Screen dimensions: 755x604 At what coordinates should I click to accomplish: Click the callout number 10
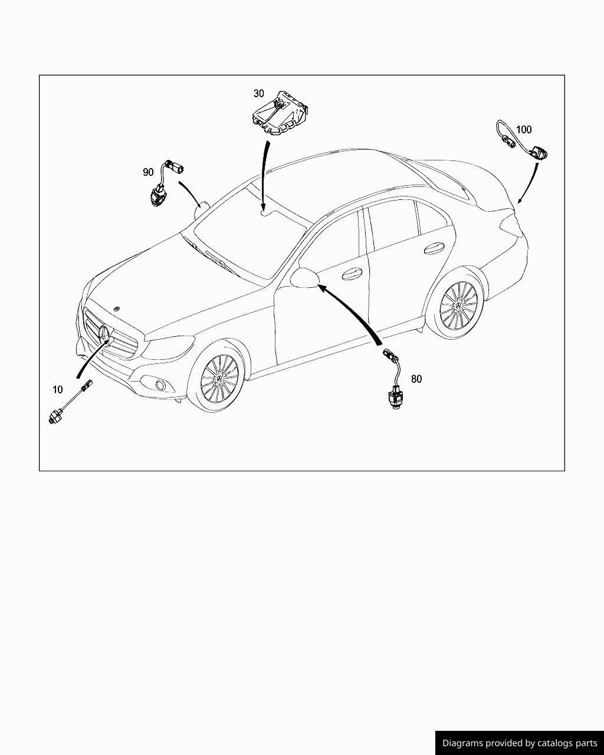coord(57,389)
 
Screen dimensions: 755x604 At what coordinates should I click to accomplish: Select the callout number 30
coord(259,93)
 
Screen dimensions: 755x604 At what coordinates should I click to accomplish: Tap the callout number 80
coord(416,379)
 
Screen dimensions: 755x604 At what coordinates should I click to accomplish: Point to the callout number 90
coord(148,172)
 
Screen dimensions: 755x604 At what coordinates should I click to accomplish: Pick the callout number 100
coord(524,130)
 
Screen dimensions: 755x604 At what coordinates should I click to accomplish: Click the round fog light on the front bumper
coord(159,386)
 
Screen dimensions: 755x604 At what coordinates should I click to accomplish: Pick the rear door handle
coord(434,248)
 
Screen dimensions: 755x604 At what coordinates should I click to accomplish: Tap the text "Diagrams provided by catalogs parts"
coord(520,743)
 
